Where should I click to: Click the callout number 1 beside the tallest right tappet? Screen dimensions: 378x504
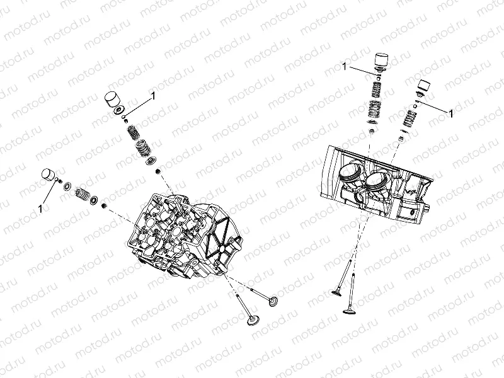click(x=345, y=66)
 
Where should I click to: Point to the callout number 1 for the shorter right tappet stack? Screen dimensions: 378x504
click(x=452, y=112)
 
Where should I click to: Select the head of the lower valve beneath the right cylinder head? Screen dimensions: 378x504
click(x=348, y=310)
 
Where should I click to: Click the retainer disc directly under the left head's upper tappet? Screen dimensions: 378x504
click(x=118, y=113)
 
